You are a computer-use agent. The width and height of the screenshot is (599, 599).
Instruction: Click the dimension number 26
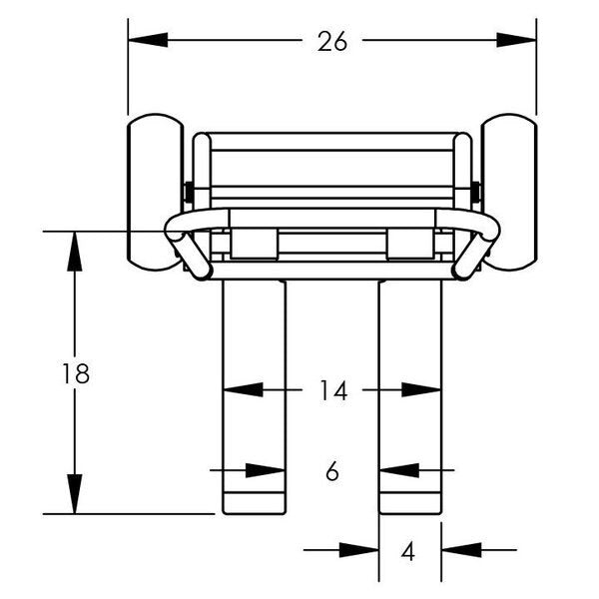332,41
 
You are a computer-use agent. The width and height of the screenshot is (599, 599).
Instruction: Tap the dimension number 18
76,373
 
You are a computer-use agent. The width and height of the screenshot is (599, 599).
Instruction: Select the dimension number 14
333,390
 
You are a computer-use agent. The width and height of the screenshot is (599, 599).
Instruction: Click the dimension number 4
408,551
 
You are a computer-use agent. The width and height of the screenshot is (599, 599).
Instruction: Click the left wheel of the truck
155,192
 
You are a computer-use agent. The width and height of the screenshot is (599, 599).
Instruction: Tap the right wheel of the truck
509,192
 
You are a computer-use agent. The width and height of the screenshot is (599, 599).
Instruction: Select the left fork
254,397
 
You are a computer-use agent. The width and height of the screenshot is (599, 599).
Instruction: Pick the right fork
410,397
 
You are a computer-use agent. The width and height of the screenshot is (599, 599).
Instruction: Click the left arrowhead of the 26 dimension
148,40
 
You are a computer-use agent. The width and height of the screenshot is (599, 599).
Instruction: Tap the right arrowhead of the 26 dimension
516,40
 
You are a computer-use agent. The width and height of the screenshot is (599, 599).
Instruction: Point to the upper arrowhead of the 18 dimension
75,252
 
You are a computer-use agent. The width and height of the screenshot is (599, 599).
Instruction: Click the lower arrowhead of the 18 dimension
75,494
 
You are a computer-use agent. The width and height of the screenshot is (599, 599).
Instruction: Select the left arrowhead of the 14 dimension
243,389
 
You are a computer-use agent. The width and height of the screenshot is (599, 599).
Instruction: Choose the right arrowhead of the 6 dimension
398,470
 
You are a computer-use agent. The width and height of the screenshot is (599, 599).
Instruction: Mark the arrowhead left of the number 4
358,550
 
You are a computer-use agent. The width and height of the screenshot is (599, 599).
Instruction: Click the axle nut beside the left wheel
189,193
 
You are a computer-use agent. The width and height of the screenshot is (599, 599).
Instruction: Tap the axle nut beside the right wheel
475,193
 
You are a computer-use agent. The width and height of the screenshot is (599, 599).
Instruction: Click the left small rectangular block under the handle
254,245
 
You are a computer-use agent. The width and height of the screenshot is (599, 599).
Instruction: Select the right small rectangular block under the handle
410,245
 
